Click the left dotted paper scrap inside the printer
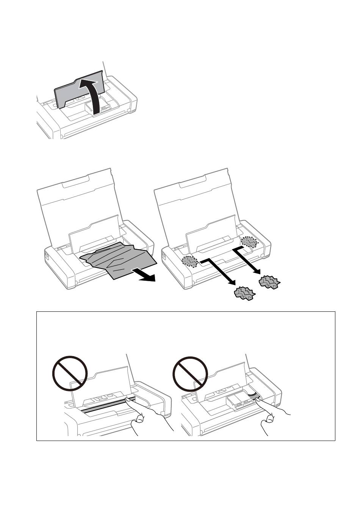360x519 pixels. (x=190, y=261)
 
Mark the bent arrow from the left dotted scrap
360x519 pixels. (x=218, y=271)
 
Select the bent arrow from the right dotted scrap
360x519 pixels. (x=246, y=258)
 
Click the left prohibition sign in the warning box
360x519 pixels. (x=70, y=373)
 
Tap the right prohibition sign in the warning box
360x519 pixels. (x=190, y=373)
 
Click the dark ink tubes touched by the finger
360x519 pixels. (x=253, y=396)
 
